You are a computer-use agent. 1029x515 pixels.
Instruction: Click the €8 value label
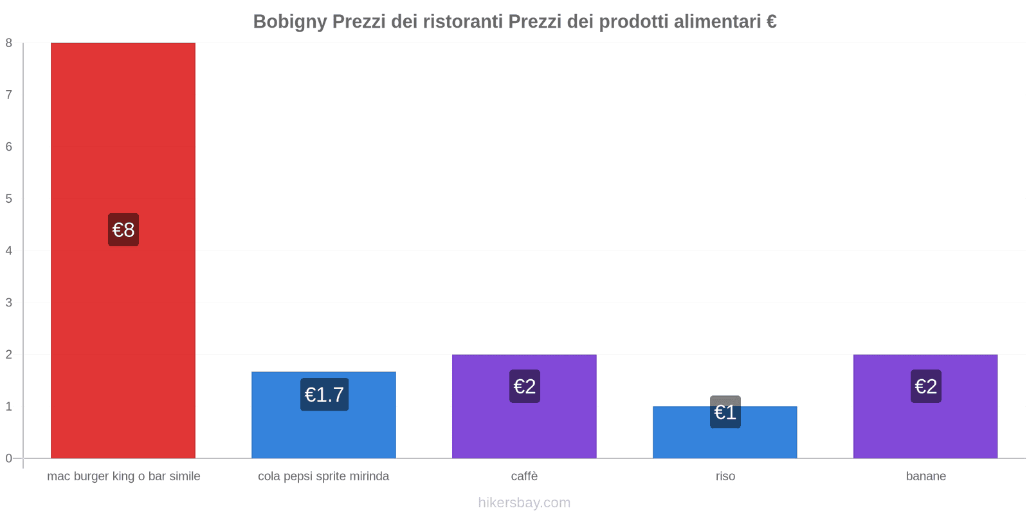click(x=123, y=230)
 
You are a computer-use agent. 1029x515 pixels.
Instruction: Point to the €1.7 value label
click(x=324, y=395)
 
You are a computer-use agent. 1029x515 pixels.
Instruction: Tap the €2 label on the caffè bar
click(x=525, y=386)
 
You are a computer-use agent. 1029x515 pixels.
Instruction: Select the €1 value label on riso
click(x=725, y=412)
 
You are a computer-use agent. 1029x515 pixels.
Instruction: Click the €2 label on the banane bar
click(x=926, y=386)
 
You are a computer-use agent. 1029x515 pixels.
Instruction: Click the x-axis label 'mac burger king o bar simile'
click(x=123, y=476)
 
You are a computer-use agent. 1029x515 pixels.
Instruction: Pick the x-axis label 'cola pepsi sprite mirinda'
click(x=323, y=476)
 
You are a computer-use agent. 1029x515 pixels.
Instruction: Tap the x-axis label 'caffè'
click(x=524, y=476)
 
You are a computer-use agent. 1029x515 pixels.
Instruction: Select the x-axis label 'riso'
click(x=725, y=476)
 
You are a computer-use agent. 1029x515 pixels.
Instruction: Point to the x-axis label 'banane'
click(x=926, y=476)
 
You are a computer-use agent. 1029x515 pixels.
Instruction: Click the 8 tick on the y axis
click(x=9, y=43)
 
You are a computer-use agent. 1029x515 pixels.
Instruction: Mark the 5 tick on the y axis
click(x=9, y=199)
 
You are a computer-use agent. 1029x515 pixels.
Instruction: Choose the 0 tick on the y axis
click(x=9, y=458)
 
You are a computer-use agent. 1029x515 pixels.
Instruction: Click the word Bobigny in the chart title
click(x=289, y=22)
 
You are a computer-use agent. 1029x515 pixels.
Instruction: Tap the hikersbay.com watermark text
click(x=524, y=503)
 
